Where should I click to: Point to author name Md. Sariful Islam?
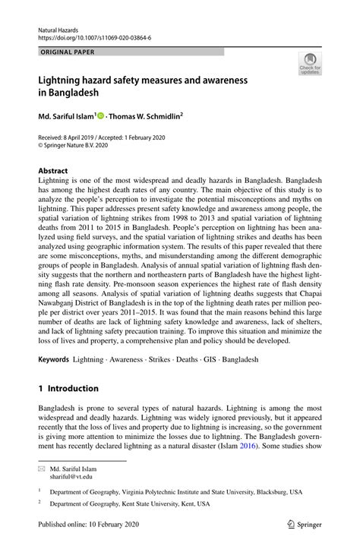66,116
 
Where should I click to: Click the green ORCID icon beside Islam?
100,116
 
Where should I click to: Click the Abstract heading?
54,172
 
